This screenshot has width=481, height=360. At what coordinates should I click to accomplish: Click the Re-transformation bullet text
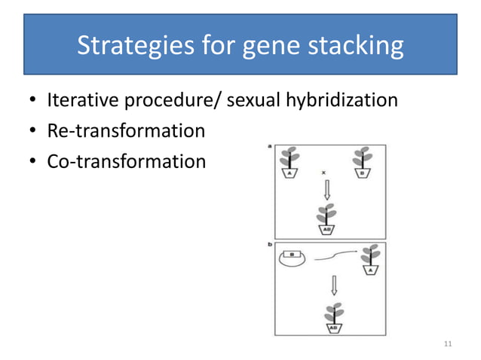[126, 130]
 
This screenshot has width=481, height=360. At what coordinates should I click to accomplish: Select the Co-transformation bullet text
[126, 161]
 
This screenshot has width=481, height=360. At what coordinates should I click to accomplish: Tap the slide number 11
[448, 344]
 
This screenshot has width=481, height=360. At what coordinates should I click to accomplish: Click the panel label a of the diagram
[270, 147]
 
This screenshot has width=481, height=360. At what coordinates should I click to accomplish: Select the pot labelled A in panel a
[286, 171]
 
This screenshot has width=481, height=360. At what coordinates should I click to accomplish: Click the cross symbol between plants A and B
[324, 172]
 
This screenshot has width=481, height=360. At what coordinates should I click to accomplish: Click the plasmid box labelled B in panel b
[289, 254]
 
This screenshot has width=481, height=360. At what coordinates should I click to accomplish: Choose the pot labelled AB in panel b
[332, 328]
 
